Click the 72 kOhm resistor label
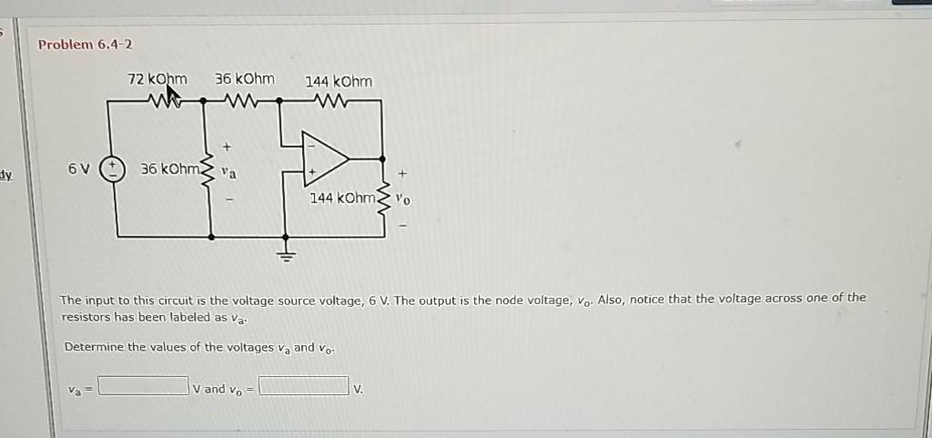point(157,79)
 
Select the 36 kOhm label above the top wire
point(244,79)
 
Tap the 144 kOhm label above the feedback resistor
point(338,81)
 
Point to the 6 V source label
point(79,169)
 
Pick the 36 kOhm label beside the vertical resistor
point(168,169)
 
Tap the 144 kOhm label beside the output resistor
point(341,198)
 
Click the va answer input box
point(143,387)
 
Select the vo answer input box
point(304,387)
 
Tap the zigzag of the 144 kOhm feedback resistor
point(326,100)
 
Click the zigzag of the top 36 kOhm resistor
point(243,100)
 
